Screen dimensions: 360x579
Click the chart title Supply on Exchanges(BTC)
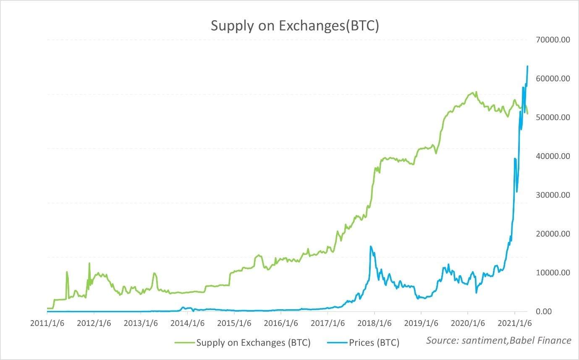(295, 26)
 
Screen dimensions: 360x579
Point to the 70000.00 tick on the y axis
(553, 40)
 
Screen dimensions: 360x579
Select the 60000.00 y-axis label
(553, 78)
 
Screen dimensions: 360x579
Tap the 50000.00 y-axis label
(553, 117)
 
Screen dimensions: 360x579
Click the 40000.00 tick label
(553, 156)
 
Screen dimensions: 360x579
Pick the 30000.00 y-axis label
(553, 195)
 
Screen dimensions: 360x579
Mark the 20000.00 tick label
(553, 234)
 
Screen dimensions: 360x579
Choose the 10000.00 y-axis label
(553, 273)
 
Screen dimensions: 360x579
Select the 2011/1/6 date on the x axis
(47, 324)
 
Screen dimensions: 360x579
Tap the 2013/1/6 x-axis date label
(140, 324)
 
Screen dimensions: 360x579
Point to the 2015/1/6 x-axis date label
(234, 324)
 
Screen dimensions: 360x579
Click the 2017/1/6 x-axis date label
(327, 324)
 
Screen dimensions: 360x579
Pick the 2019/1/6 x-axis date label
(421, 324)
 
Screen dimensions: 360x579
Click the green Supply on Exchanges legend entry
(244, 343)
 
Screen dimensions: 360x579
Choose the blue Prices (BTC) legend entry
(363, 343)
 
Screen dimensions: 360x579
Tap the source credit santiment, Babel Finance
(498, 340)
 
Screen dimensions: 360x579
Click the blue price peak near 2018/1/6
(370, 246)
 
